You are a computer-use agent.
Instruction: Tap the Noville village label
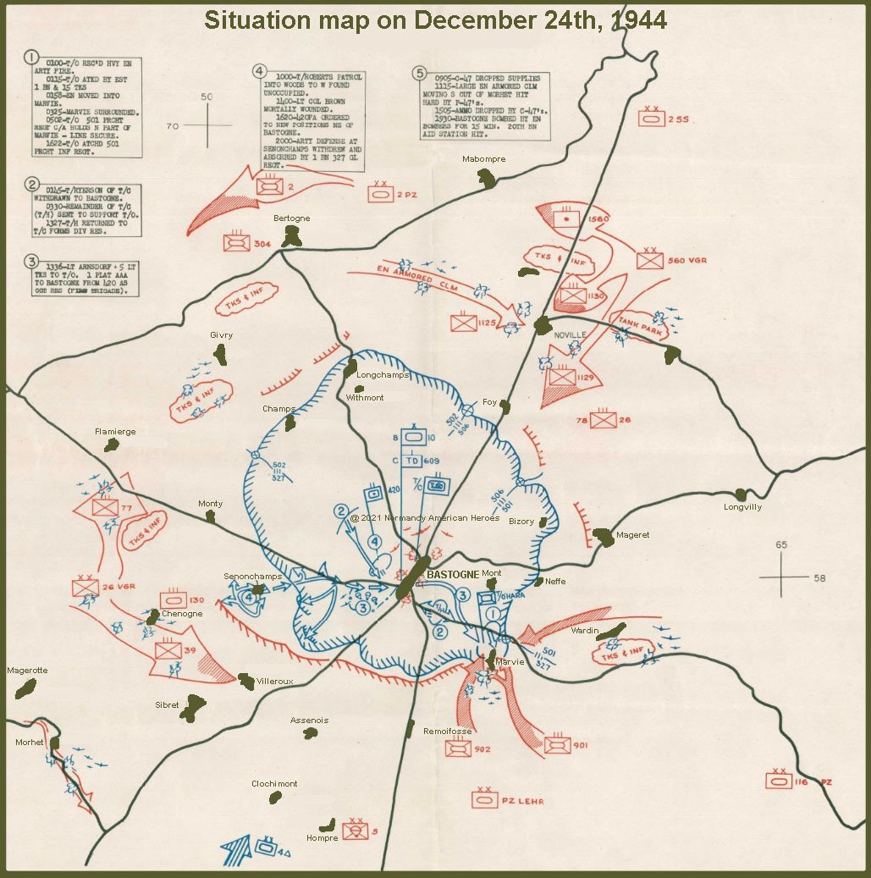pos(570,335)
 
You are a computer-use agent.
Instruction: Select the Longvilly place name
pos(742,508)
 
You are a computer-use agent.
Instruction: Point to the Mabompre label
pos(482,159)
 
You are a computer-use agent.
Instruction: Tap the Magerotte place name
pos(27,670)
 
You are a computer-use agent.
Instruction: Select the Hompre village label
pos(322,838)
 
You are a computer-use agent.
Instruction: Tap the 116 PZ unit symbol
pos(778,781)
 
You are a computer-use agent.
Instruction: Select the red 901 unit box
pos(557,745)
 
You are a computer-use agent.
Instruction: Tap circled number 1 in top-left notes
pos(31,58)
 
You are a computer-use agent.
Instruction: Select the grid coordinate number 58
pos(819,578)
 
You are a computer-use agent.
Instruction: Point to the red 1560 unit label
pos(598,219)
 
